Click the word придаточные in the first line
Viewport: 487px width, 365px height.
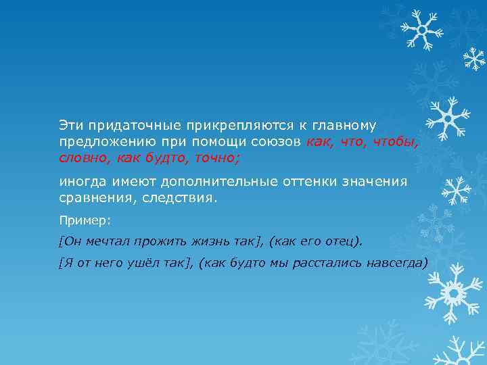123,126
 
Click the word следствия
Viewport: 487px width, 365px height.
180,198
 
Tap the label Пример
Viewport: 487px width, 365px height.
78,220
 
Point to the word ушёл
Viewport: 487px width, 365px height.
144,263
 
